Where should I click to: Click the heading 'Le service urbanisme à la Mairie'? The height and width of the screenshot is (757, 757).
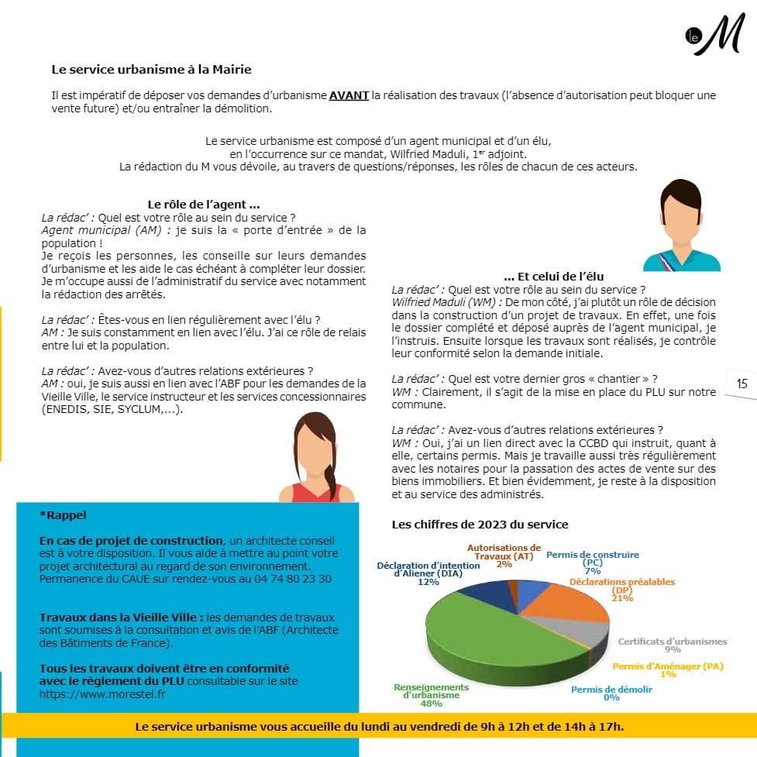coord(151,69)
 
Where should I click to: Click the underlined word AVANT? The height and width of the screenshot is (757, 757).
coord(349,96)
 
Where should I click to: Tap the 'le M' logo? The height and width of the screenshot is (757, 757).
coord(714,36)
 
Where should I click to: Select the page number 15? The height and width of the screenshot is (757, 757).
coord(742,383)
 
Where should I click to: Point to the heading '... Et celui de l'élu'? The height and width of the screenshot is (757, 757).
coord(553,276)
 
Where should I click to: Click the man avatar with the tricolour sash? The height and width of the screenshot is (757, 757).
coord(680,225)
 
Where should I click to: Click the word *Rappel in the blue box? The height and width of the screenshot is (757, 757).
coord(64,514)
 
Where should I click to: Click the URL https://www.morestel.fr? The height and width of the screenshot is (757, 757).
coord(102,693)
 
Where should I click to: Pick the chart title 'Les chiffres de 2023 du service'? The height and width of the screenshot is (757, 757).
coord(480,525)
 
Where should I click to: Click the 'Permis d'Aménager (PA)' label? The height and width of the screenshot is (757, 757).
coord(667,667)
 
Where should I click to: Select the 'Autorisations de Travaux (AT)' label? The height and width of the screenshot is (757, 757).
coord(504,552)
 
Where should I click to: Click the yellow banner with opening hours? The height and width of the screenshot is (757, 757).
coord(379,726)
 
